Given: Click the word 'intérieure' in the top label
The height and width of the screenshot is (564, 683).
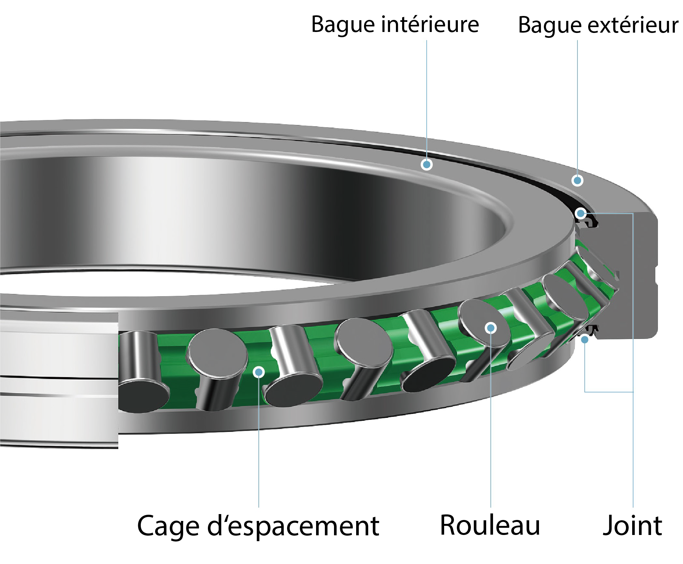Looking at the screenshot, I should [x=430, y=24].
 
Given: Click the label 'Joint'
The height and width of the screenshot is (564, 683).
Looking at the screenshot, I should [x=632, y=526].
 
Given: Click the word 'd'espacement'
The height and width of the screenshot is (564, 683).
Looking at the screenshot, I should [x=293, y=526].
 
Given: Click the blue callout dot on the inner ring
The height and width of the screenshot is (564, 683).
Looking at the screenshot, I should [x=427, y=164].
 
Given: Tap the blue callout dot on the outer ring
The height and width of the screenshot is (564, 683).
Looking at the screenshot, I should [x=577, y=180].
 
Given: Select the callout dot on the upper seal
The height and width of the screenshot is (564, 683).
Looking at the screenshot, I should [x=580, y=214].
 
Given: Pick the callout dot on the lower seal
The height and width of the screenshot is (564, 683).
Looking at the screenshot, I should [x=585, y=340].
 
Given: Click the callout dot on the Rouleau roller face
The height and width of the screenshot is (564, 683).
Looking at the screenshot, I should [x=491, y=328].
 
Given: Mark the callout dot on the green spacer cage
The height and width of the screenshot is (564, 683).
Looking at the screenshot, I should [x=259, y=372].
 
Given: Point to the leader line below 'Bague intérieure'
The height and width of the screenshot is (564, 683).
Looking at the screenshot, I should [x=427, y=98].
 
